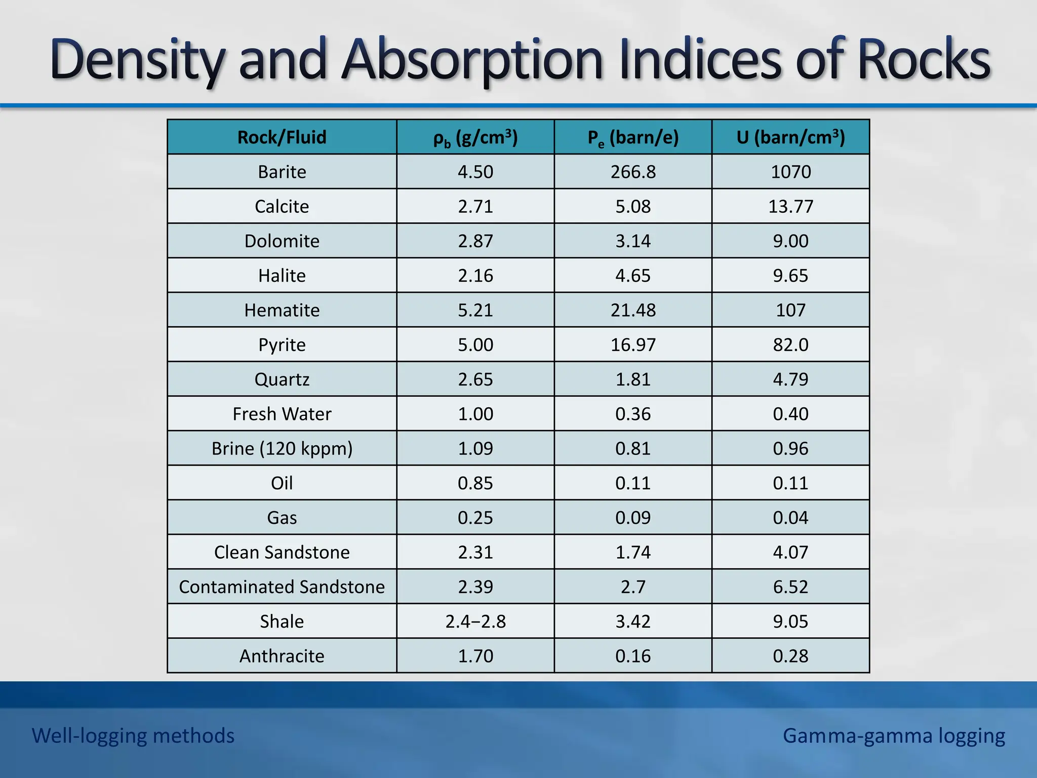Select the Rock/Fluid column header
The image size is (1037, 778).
282,137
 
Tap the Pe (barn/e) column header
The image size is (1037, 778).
633,137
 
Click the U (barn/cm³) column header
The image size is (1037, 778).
790,137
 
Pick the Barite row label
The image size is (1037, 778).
282,172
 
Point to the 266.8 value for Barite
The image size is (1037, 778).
633,172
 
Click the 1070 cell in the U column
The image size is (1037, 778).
790,172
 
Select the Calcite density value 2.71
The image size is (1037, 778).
475,206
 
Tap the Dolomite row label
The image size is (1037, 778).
282,241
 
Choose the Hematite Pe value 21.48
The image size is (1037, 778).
633,310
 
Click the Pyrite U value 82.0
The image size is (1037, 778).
790,344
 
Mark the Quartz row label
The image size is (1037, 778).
282,379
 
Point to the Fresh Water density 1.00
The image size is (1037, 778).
475,414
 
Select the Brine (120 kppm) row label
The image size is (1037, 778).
282,448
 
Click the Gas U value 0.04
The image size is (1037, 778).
790,518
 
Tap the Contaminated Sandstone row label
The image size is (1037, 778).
282,587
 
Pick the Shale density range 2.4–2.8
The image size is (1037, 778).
475,621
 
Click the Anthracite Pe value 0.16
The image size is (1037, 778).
633,656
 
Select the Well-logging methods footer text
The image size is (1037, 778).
133,735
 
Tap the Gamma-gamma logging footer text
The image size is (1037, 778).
894,735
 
